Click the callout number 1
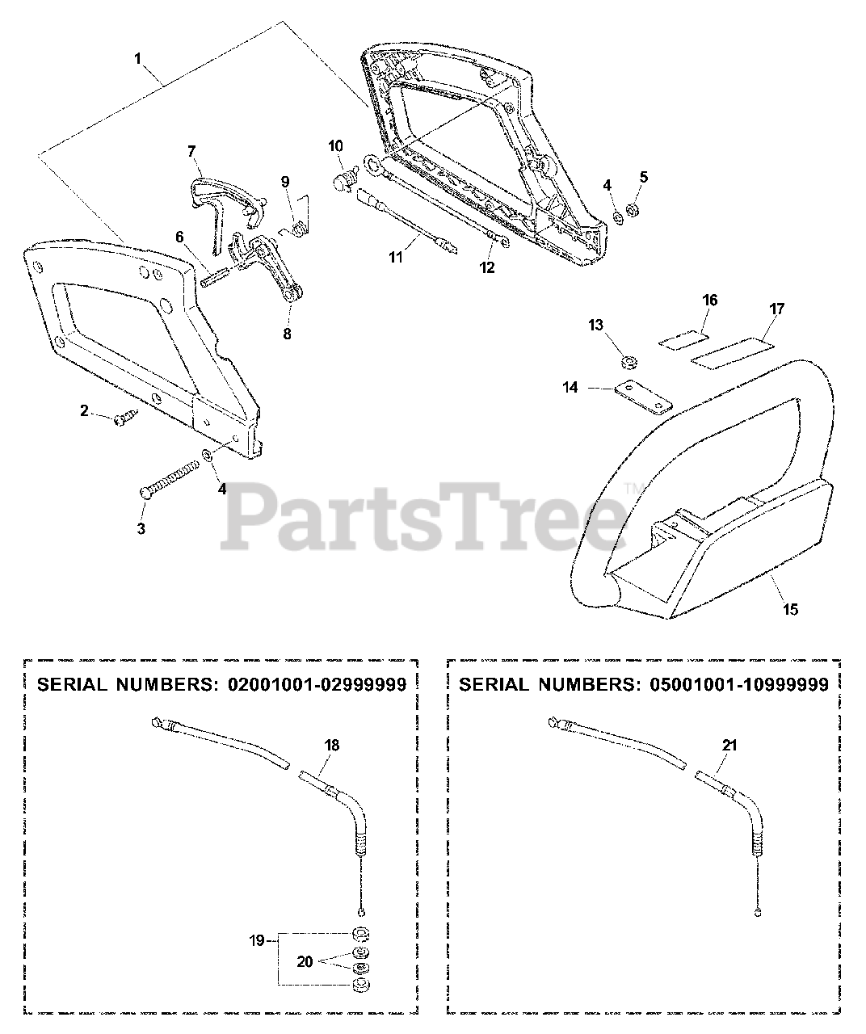[138, 58]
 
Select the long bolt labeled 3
[170, 478]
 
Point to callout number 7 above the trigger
[191, 151]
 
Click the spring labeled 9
[298, 230]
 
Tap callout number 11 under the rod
[395, 258]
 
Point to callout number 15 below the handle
[790, 610]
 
